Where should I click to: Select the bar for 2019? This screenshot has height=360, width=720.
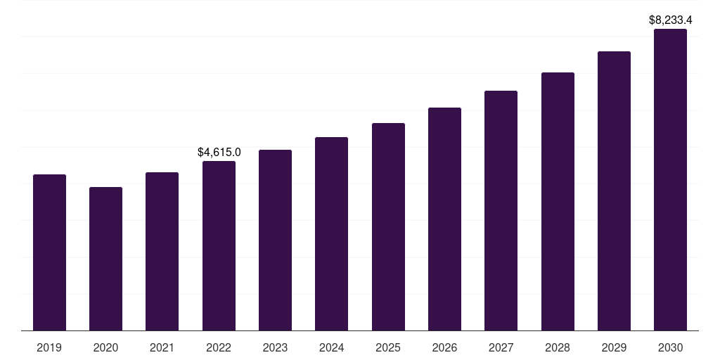click(49, 252)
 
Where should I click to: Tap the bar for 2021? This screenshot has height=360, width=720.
click(162, 252)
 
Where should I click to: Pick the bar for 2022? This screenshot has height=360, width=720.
click(219, 246)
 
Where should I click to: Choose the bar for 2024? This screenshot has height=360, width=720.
click(331, 234)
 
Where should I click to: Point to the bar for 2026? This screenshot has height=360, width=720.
click(444, 219)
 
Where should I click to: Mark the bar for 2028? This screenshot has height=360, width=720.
click(558, 202)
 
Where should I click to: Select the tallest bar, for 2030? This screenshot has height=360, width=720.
click(670, 180)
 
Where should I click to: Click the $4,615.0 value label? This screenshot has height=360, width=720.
click(219, 152)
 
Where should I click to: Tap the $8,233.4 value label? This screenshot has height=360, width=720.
click(670, 20)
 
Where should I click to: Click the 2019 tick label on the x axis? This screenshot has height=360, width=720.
click(49, 347)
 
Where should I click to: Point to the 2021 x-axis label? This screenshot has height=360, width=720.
click(162, 347)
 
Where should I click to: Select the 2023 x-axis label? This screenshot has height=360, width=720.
click(275, 347)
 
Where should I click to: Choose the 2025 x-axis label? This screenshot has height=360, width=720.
click(388, 347)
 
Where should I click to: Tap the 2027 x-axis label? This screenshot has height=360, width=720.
click(501, 347)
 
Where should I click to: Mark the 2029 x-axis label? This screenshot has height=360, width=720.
click(614, 347)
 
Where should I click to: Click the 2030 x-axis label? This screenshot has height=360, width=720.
click(670, 347)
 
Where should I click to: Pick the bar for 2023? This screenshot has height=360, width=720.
click(275, 240)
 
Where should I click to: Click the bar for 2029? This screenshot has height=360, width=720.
click(614, 191)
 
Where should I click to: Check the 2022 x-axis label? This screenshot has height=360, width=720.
click(219, 347)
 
